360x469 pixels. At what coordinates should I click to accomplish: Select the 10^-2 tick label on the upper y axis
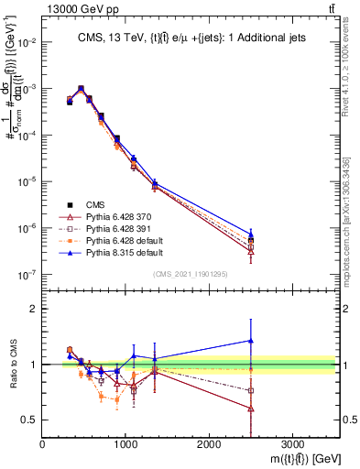27,42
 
